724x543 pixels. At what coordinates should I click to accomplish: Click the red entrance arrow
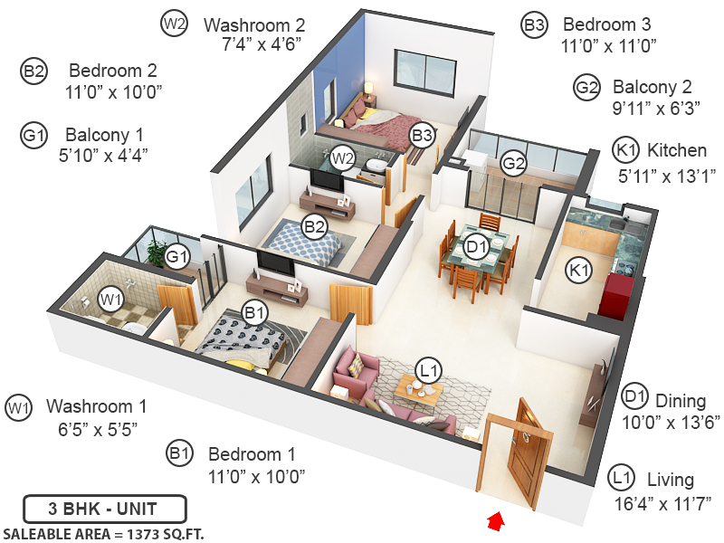(x=494, y=520)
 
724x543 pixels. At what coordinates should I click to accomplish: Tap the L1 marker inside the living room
(x=428, y=368)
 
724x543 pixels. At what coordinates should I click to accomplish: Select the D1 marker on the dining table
(x=476, y=245)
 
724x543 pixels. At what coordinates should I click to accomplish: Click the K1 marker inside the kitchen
(x=579, y=268)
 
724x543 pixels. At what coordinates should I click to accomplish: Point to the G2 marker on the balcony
(x=513, y=164)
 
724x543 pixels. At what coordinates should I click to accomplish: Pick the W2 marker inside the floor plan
(x=342, y=157)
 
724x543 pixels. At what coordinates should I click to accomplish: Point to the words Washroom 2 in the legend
(x=255, y=24)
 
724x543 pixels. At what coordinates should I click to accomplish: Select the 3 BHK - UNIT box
(x=104, y=508)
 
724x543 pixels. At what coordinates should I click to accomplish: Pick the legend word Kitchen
(x=677, y=150)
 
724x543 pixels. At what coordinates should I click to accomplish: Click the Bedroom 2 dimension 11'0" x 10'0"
(x=114, y=91)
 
